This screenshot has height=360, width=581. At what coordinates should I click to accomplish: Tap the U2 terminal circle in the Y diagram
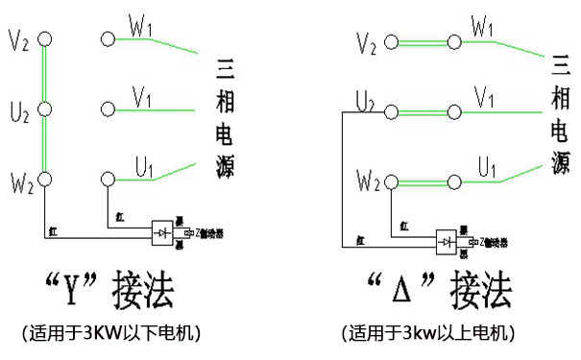click(x=43, y=108)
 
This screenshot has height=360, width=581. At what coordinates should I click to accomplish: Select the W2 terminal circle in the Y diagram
click(x=43, y=178)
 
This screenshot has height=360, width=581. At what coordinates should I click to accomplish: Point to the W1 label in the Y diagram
click(x=140, y=26)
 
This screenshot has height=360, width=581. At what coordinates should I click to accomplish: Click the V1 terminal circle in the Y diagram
click(x=108, y=108)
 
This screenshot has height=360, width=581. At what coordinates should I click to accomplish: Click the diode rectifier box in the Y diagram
click(x=162, y=231)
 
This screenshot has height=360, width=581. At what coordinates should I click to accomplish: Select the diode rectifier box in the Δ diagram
click(x=446, y=241)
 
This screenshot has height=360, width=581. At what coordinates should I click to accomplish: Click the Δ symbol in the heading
click(x=405, y=288)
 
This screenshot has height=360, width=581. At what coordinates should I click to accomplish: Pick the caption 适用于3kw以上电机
click(x=428, y=333)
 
